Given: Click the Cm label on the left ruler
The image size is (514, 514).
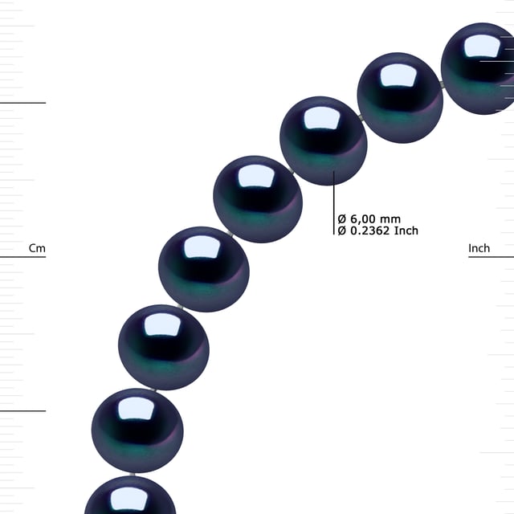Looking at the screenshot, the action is tap(37, 248).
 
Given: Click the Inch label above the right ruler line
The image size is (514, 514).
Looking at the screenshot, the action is tap(479, 248).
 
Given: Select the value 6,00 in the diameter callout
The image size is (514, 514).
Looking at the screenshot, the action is tap(363, 218).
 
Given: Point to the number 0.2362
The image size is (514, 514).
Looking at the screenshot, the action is tap(370, 230).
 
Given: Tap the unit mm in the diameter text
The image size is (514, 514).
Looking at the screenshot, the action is tap(390, 219).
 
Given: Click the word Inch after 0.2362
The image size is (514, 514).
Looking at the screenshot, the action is tap(406, 230).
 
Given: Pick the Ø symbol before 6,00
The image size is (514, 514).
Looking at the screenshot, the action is tap(341, 218).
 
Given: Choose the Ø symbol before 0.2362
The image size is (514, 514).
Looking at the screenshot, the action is tap(341, 230).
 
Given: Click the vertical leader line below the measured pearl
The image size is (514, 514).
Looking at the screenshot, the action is tap(334, 203).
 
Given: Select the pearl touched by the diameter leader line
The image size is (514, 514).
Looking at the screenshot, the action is tap(323, 141).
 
